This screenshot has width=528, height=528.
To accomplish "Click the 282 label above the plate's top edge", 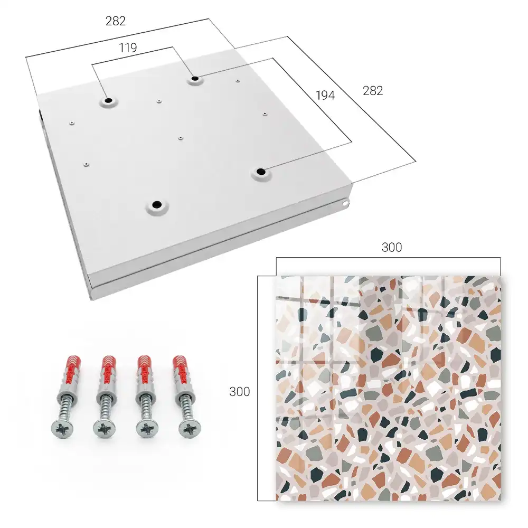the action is tap(116, 21).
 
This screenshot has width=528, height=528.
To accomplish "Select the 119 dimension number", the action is tap(128, 48).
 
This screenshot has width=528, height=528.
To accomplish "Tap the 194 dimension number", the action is tap(325, 96).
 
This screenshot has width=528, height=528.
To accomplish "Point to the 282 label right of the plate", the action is tap(373, 91).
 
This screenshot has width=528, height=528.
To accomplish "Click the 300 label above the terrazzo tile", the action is tap(392, 248).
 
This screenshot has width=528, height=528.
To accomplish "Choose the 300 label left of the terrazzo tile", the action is tap(239, 392).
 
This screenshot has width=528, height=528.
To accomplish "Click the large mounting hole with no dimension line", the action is tap(157, 204).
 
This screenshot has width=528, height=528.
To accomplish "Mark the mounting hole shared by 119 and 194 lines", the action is tap(195, 79).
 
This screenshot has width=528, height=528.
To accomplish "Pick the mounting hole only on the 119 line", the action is tap(108, 100).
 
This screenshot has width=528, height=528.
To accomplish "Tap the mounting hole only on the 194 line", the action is tap(260, 172).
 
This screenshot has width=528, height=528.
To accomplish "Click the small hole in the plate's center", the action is tap(181, 138).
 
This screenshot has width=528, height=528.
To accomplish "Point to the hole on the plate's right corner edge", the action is tap(345, 203).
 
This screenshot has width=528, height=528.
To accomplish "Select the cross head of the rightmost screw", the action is tap(189, 429).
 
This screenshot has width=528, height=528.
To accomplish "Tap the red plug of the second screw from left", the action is tap(108, 370).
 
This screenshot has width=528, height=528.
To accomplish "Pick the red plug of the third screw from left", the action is tap(145, 370).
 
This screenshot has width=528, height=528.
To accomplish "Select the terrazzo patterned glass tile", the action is tap(389, 388).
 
